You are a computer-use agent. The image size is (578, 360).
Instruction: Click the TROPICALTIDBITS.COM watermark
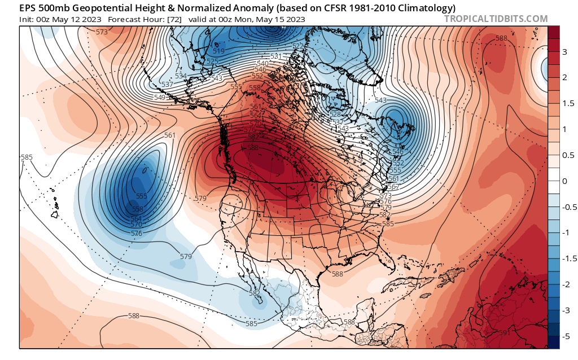(x=496, y=19)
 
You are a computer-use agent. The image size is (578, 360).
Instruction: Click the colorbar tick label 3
(x=565, y=52)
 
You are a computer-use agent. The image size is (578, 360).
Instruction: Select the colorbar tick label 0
(x=565, y=181)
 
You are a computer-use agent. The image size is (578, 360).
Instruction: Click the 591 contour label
(x=505, y=333)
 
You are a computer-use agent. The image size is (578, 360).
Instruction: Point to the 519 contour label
(x=219, y=51)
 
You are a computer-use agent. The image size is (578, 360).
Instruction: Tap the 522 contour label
(x=298, y=46)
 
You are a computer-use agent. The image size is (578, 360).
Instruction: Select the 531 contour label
(x=276, y=56)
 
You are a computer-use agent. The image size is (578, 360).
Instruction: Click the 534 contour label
(x=181, y=76)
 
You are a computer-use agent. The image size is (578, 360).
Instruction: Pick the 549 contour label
(x=160, y=98)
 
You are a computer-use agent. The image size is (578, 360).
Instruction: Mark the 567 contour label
(x=393, y=187)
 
